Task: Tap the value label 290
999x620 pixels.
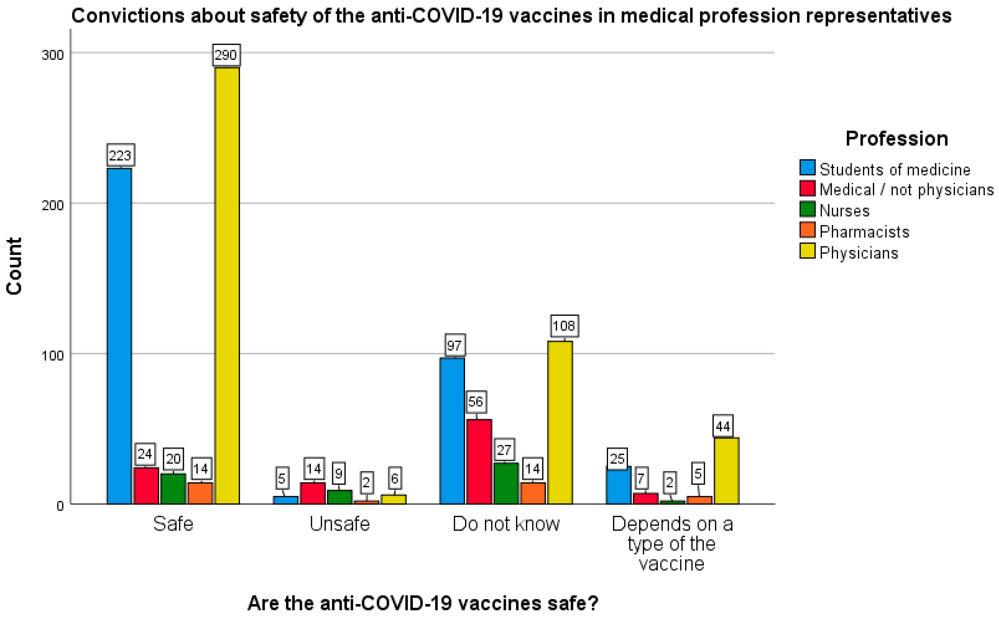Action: click(226, 55)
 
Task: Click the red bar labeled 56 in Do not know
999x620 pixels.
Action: click(479, 461)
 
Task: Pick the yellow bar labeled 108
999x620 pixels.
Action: click(560, 422)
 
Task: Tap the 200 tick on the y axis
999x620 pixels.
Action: click(53, 205)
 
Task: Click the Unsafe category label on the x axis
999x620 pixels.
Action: click(340, 524)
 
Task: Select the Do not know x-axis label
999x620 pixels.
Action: click(506, 524)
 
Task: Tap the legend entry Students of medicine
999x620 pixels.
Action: click(895, 169)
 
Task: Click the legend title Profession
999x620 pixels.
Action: click(896, 139)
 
